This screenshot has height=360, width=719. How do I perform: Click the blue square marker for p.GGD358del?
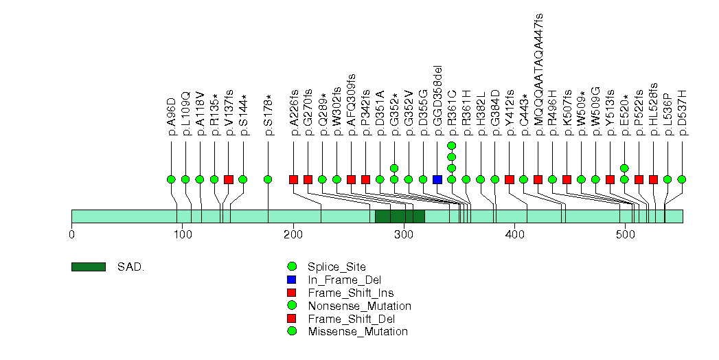tap(437, 179)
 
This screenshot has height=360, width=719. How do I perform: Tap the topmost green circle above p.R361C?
tap(451, 146)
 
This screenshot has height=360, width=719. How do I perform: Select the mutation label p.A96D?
tap(172, 119)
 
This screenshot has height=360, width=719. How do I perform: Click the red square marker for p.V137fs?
tap(229, 179)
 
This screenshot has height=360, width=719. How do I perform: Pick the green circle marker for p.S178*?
tap(268, 179)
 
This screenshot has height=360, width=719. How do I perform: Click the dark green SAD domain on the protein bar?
tap(400, 216)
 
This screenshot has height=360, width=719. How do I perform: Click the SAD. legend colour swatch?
tap(88, 267)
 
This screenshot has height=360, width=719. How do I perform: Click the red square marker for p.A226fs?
tap(293, 179)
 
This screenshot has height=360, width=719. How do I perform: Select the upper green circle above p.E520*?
tap(624, 168)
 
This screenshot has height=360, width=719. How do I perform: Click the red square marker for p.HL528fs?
tap(653, 179)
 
